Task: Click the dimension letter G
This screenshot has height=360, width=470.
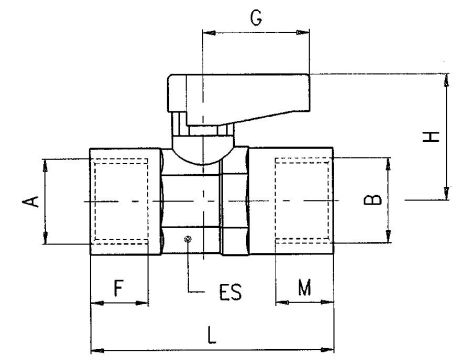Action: (x=256, y=17)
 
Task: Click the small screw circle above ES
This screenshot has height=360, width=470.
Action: (x=187, y=238)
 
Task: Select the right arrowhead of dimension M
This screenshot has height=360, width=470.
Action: (x=335, y=302)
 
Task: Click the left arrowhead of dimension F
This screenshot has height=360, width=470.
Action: (x=94, y=302)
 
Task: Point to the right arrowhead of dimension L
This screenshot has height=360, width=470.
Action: (x=335, y=351)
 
